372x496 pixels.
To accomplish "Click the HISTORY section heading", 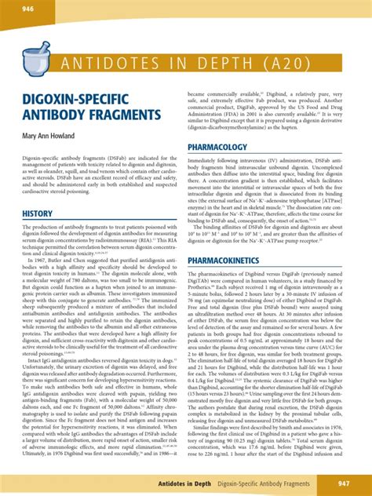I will click(x=38, y=213).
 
